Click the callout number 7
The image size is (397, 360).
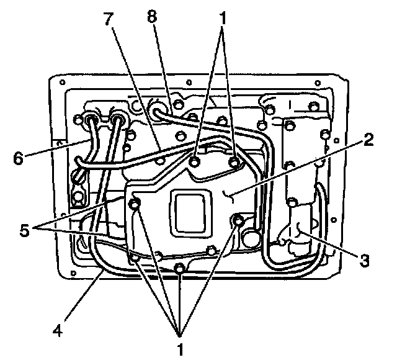pos(110,19)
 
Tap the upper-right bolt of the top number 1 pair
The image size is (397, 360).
pos(235,162)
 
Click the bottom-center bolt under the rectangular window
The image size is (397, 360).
pos(179,268)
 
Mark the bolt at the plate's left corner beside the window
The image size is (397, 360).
pos(135,204)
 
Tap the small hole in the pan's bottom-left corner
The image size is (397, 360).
pos(75,271)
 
